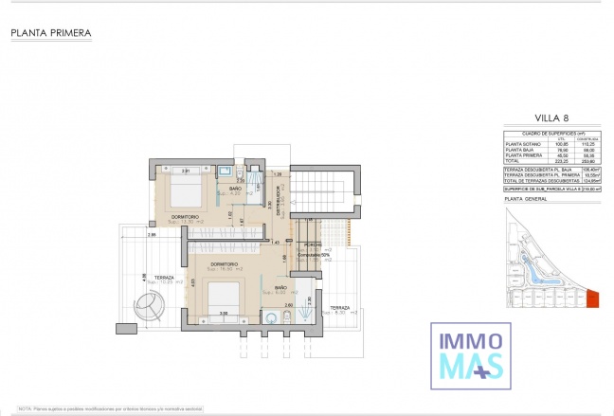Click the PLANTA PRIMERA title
click(x=51, y=33)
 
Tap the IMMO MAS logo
click(x=468, y=354)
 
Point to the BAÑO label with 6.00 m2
click(x=280, y=288)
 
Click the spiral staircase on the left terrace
click(x=151, y=306)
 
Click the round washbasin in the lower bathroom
click(x=271, y=318)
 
